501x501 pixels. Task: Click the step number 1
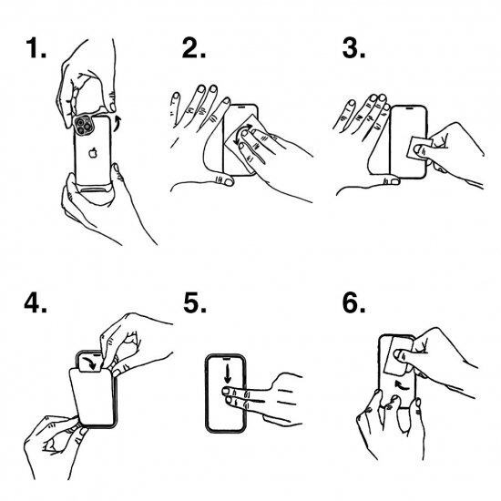tap(36, 48)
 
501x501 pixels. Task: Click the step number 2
tap(194, 48)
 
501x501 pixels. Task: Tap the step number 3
tap(353, 48)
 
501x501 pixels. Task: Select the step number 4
tap(36, 302)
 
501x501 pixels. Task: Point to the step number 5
tap(195, 302)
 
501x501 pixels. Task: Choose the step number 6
tap(353, 302)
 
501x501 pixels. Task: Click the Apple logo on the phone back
tap(93, 153)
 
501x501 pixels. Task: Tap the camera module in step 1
tap(84, 124)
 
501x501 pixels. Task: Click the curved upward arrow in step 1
tap(118, 123)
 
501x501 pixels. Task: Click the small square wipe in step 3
tap(420, 148)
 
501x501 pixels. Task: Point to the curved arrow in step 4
tap(91, 363)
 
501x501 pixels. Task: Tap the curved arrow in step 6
tap(402, 385)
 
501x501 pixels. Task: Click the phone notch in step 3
tap(409, 108)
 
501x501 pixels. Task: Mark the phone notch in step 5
tap(226, 359)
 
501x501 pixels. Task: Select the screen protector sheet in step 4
tap(91, 397)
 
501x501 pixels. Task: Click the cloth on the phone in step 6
tap(398, 355)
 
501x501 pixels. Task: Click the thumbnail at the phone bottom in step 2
tap(229, 182)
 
